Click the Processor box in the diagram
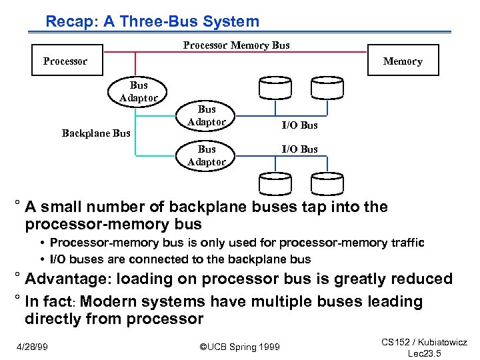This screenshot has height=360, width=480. [x=65, y=61]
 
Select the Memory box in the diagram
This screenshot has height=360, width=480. [x=403, y=61]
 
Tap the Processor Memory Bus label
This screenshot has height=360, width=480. [x=236, y=45]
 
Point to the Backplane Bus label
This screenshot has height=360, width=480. [x=96, y=133]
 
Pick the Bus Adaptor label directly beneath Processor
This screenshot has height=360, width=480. [x=139, y=91]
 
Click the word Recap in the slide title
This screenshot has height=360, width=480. [x=69, y=21]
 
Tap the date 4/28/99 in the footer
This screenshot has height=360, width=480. [x=31, y=347]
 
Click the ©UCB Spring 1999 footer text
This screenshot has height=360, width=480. [x=240, y=347]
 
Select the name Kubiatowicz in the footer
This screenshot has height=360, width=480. [x=441, y=342]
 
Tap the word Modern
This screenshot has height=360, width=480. [x=105, y=301]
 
